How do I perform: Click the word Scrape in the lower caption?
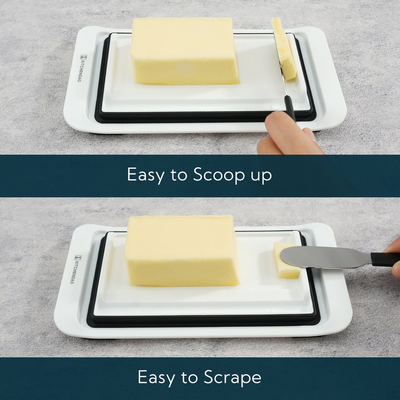click(x=233, y=377)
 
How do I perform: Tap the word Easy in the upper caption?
click(x=145, y=175)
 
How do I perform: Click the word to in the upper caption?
click(x=179, y=175)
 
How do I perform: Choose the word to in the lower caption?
click(x=189, y=377)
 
